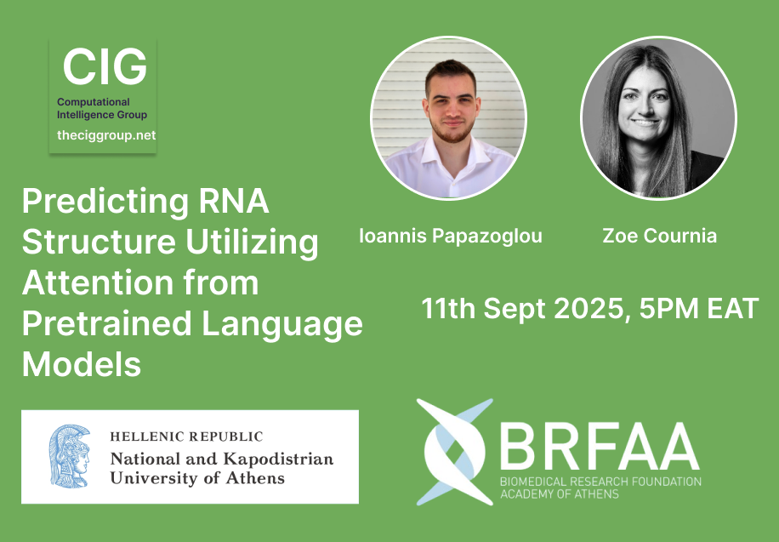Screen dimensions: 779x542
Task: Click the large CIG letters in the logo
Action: click(105, 66)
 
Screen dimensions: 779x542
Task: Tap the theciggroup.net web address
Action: click(106, 135)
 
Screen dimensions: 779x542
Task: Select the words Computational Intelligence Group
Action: click(102, 108)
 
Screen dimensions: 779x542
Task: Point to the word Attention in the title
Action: click(97, 282)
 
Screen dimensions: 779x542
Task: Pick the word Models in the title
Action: click(82, 364)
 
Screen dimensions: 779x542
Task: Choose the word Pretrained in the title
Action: click(107, 323)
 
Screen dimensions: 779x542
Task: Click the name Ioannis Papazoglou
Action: click(451, 236)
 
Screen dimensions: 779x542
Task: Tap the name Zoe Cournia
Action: click(659, 235)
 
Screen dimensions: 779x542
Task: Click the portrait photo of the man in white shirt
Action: click(449, 118)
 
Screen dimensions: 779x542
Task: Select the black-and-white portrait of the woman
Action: click(659, 118)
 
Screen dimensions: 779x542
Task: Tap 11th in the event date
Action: click(449, 308)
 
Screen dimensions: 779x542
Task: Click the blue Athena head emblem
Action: click(70, 455)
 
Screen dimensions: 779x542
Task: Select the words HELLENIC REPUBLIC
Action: click(186, 436)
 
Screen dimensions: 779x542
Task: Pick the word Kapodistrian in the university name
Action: click(278, 459)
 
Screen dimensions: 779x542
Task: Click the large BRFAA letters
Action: click(600, 446)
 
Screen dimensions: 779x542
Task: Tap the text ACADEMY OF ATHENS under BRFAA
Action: click(560, 494)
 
